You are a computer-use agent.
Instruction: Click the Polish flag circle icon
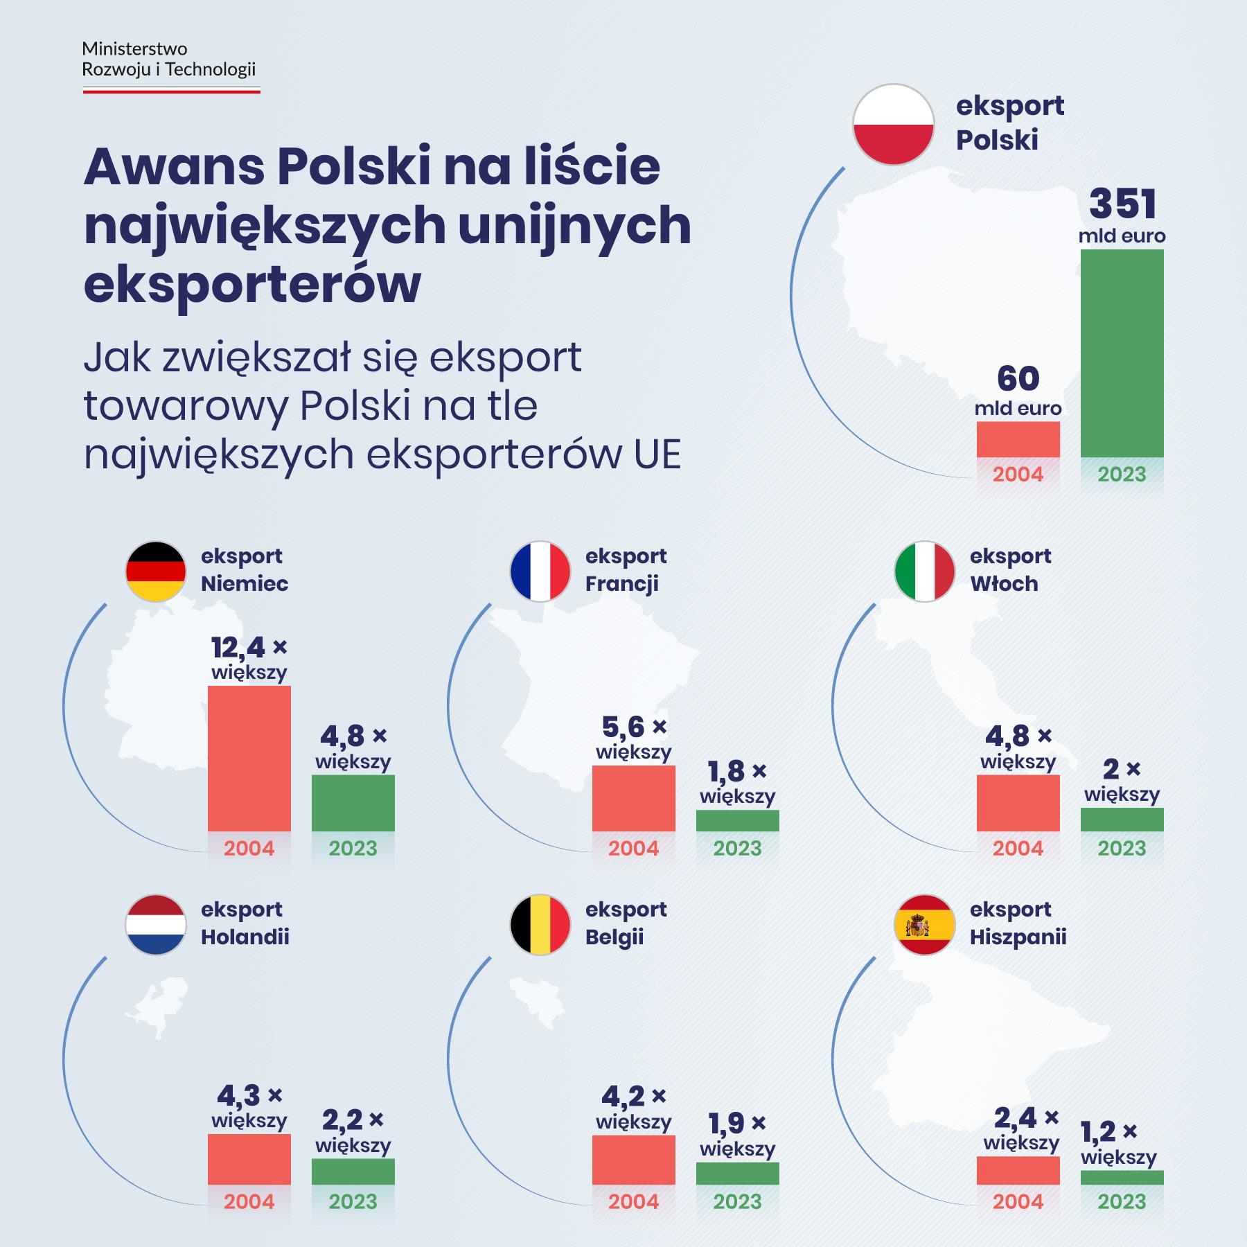pos(893,125)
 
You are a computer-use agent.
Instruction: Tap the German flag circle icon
pos(156,572)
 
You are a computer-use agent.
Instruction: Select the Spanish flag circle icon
pos(925,925)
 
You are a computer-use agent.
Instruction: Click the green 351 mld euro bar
pos(1122,353)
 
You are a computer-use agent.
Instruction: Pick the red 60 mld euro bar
pos(1018,439)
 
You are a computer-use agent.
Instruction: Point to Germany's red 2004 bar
pos(249,759)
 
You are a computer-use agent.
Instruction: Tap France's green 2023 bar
pos(737,821)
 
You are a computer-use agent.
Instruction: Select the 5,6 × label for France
pos(633,727)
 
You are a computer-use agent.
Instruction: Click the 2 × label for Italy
pos(1122,770)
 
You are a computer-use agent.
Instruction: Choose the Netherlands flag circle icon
pos(156,925)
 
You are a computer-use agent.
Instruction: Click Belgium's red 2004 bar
pos(633,1160)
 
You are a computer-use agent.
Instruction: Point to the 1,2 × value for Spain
pos(1109,1132)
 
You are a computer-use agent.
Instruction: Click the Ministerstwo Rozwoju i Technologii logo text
pos(169,60)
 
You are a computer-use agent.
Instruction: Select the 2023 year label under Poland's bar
pos(1122,475)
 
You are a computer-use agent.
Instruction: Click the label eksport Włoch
pos(1010,569)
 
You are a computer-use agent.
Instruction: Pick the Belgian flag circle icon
pos(540,925)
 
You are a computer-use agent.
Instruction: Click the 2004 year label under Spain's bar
pos(1018,1201)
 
